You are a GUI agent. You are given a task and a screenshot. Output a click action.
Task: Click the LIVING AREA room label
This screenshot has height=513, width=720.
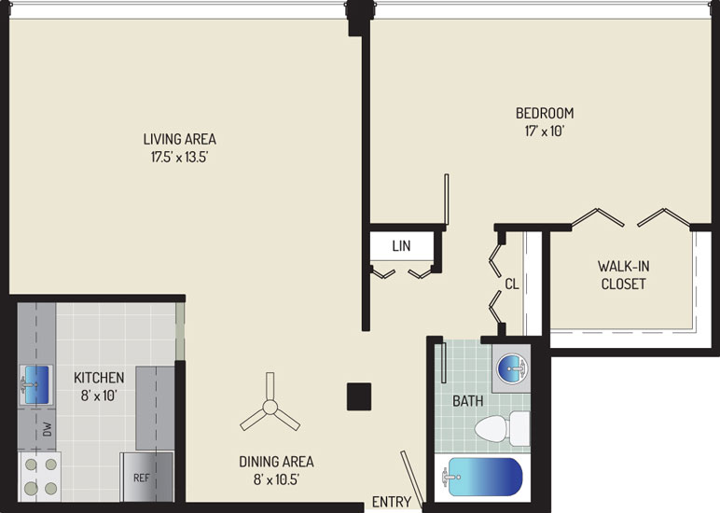point(180,139)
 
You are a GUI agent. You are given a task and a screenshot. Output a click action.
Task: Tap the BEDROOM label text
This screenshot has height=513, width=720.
point(545,113)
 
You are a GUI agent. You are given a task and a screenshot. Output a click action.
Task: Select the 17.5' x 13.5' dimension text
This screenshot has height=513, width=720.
point(180,158)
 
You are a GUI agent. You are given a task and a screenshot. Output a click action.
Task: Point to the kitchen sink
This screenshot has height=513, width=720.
point(36,385)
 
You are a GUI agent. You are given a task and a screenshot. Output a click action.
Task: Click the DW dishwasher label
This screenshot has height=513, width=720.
point(48,429)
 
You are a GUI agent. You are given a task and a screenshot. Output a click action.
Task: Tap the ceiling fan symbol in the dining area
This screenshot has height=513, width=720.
point(270,407)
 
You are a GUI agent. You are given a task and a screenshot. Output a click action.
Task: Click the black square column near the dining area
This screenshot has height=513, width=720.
point(359,396)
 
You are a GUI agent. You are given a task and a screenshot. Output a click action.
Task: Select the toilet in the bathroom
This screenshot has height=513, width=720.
point(502,428)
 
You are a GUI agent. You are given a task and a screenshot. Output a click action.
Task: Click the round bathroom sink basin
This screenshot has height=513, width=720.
point(512,368)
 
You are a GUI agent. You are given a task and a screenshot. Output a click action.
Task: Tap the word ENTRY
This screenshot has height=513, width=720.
point(391,502)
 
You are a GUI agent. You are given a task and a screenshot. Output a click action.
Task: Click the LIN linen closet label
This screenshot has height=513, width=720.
point(401,246)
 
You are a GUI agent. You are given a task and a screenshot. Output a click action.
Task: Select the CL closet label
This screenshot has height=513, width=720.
point(512,284)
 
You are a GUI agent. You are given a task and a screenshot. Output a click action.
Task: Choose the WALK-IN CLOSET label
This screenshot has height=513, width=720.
point(624,275)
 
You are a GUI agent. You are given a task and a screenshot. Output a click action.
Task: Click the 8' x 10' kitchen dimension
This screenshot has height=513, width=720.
point(99,395)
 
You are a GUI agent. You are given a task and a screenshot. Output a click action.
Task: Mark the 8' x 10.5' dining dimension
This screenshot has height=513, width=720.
point(276,480)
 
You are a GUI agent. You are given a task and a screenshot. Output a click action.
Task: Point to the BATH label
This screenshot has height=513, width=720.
point(468,401)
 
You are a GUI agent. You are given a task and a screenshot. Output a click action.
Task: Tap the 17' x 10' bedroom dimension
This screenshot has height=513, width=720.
point(545,132)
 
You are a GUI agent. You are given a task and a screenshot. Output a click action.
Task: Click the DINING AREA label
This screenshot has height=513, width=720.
point(276,462)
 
